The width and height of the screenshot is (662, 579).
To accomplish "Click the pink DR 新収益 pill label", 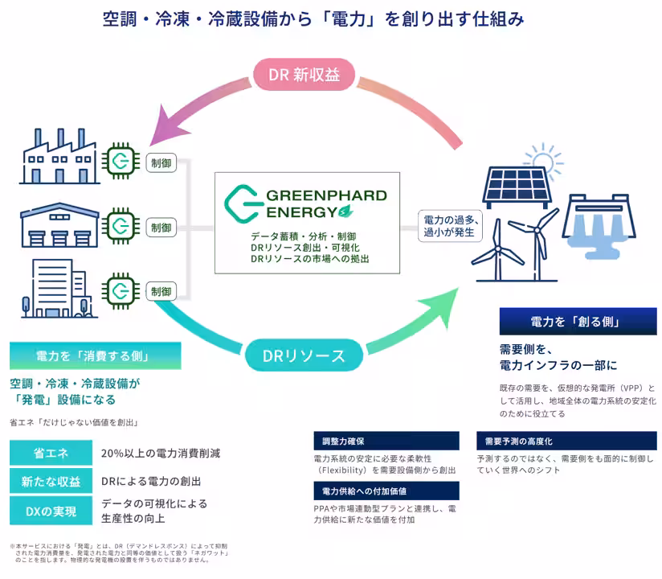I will [x=304, y=75].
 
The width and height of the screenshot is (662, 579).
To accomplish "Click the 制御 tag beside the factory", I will [x=161, y=162].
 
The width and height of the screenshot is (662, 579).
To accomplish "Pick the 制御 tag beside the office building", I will [x=161, y=291].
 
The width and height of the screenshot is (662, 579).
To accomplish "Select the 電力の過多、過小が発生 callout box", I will [x=451, y=226].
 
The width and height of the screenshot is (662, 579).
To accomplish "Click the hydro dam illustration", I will [x=605, y=225].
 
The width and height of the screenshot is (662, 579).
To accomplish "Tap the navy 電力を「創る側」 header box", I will [x=574, y=322].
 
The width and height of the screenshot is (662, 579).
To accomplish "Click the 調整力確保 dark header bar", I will [x=386, y=441].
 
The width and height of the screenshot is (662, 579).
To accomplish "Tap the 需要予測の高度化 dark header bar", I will [x=566, y=441].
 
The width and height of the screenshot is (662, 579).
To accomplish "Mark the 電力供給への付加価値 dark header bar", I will [x=386, y=491].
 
